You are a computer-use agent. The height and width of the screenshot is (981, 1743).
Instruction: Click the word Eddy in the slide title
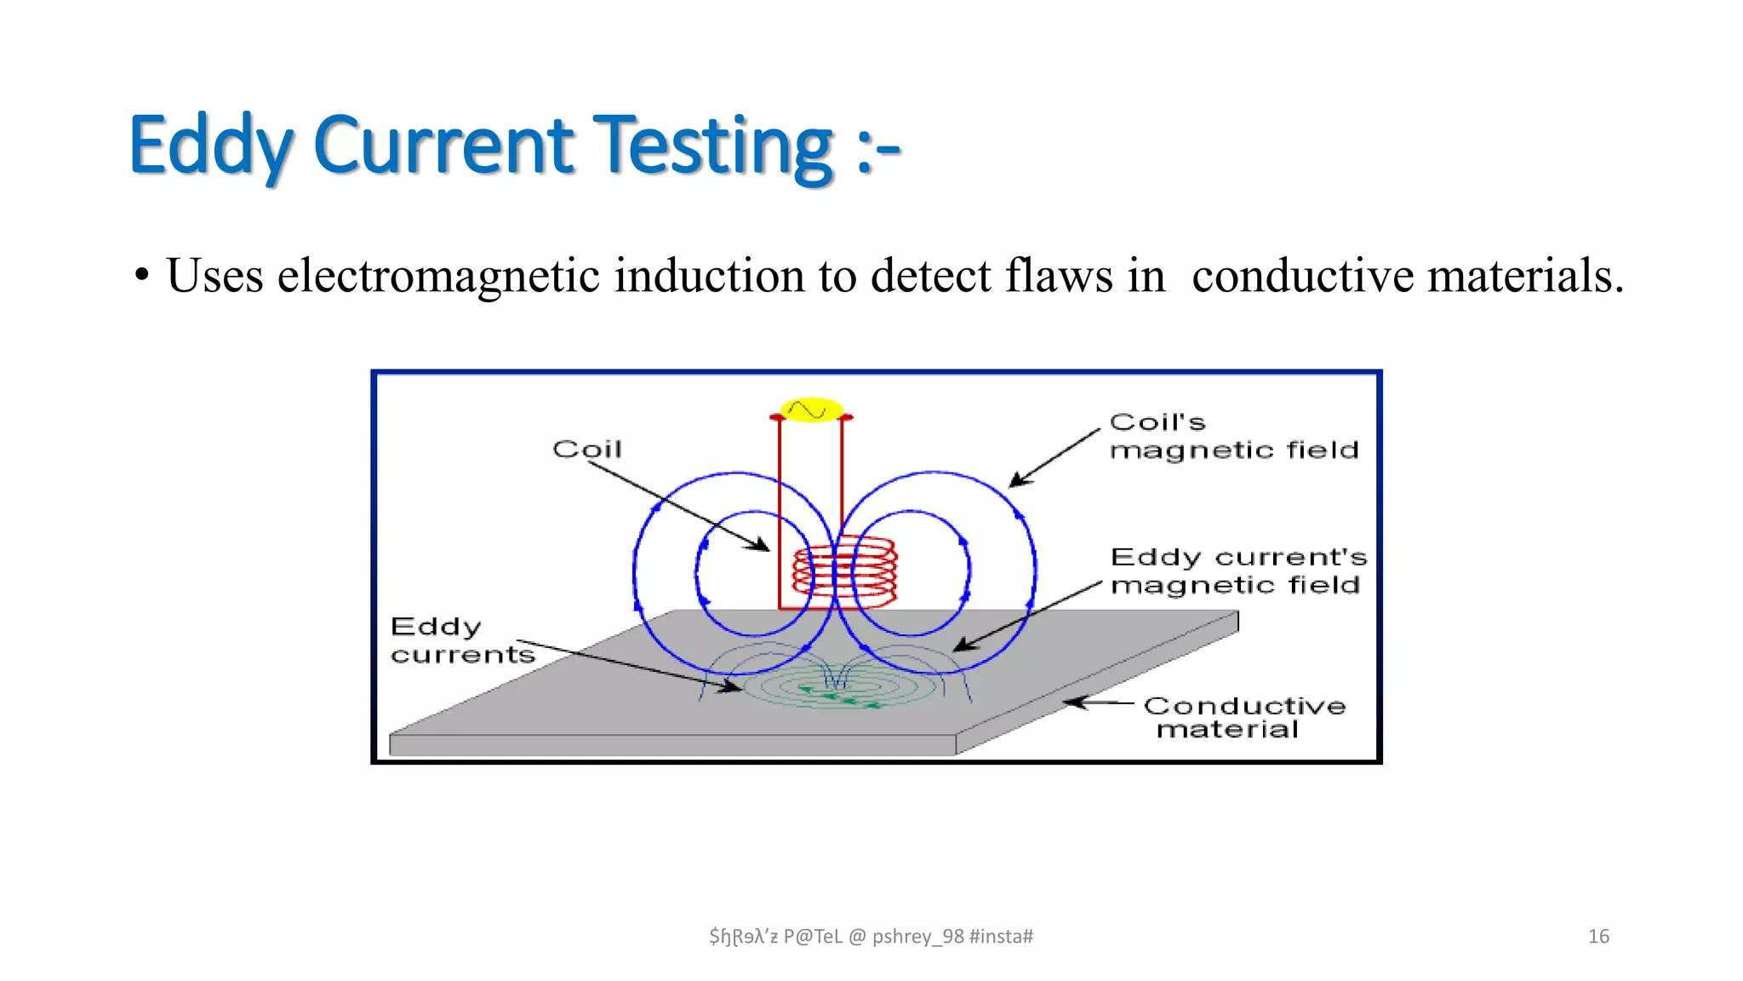coord(211,146)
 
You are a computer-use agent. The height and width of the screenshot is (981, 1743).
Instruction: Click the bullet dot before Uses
coord(142,276)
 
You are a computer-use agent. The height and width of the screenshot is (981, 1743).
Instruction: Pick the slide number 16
coord(1598,937)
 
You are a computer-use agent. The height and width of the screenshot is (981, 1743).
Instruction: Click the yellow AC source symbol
coord(811,410)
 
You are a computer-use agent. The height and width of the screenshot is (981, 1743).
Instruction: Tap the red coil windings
coord(844,571)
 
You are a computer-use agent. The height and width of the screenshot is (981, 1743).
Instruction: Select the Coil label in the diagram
coord(587,449)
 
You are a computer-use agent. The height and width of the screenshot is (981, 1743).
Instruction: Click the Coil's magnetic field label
coord(1233,436)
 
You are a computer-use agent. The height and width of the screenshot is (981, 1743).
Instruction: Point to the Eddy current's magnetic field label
coord(1238,571)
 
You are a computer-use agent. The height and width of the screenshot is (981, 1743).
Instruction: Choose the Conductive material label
coord(1243,717)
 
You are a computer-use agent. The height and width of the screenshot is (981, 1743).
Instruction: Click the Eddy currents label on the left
coord(462,640)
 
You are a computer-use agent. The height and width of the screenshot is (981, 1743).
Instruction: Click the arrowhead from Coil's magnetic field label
coord(1016,481)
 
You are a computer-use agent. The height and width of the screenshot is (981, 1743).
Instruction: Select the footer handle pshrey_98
coord(917,937)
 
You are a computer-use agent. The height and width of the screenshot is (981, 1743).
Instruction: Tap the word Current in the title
coord(444,146)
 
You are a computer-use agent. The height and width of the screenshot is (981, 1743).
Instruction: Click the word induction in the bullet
coord(709,276)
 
